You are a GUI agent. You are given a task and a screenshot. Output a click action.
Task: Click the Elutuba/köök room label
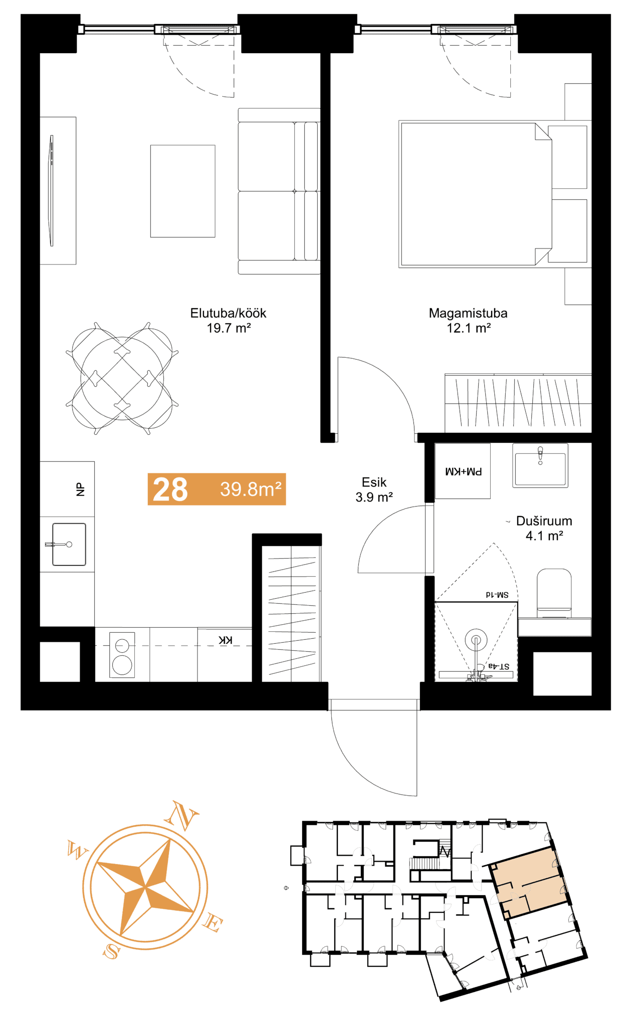click(x=228, y=320)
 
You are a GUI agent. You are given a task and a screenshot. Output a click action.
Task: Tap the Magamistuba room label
click(x=468, y=320)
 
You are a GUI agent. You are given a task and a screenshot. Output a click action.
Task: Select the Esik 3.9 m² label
click(x=374, y=489)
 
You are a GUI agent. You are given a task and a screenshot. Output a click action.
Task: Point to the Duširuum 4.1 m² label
click(x=544, y=528)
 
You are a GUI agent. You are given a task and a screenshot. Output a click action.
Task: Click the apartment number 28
click(x=170, y=489)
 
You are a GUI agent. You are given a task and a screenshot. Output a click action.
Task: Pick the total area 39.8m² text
click(x=251, y=489)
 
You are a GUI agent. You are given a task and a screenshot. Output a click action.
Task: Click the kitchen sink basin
click(x=69, y=544)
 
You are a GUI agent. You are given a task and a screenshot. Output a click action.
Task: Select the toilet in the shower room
click(x=554, y=594)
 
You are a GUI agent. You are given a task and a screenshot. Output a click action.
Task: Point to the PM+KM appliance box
click(x=463, y=471)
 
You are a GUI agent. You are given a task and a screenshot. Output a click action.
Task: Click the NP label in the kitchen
click(x=80, y=489)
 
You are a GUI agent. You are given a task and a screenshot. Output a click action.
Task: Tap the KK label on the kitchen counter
click(x=226, y=640)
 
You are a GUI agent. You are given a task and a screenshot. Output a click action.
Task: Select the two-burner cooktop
click(x=122, y=654)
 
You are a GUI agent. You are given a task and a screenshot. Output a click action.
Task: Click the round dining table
click(x=122, y=378)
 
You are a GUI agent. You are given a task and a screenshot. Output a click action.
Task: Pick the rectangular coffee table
click(x=182, y=191)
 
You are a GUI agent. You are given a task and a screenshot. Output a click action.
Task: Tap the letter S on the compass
click(x=111, y=950)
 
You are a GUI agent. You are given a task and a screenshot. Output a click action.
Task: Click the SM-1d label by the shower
click(x=497, y=595)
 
